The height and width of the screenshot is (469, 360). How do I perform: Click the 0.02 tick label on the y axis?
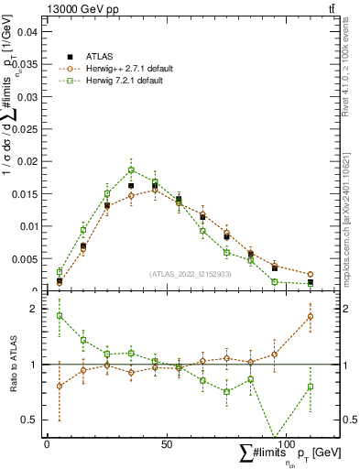[27, 161]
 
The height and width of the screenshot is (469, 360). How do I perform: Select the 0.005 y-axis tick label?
[25, 258]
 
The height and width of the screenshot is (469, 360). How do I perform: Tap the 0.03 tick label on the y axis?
[27, 96]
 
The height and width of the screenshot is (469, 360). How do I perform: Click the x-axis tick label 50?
[165, 443]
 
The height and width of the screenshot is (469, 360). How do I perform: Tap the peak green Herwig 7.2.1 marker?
[131, 169]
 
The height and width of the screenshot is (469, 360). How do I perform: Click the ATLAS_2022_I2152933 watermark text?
[190, 274]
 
